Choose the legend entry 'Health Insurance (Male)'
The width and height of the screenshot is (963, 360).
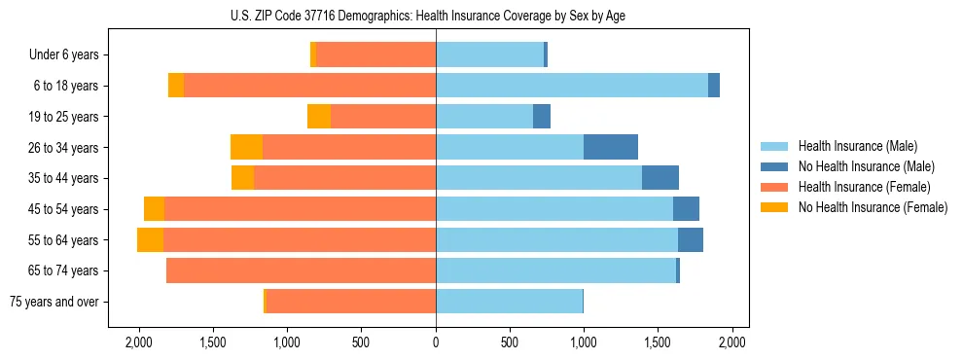point(857,146)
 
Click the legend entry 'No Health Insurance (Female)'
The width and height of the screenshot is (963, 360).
point(873,207)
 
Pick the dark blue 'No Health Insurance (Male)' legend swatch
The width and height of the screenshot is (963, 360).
point(775,166)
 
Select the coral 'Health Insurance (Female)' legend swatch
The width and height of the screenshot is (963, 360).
point(775,187)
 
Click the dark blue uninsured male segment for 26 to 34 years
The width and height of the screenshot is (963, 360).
point(611,147)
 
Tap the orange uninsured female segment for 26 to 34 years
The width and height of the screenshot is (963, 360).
point(246,147)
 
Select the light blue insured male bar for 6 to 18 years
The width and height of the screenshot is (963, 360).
point(572,86)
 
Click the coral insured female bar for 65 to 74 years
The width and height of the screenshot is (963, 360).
point(301,270)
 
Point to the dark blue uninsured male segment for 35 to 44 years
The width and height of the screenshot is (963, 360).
point(660,178)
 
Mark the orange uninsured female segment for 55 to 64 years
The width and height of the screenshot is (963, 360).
point(150,240)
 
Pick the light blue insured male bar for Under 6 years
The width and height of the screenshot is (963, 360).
point(489,54)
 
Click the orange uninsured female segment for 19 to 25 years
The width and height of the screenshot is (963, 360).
point(319,117)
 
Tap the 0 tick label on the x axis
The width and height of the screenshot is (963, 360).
point(436,342)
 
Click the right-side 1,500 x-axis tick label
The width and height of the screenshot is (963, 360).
point(659,342)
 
